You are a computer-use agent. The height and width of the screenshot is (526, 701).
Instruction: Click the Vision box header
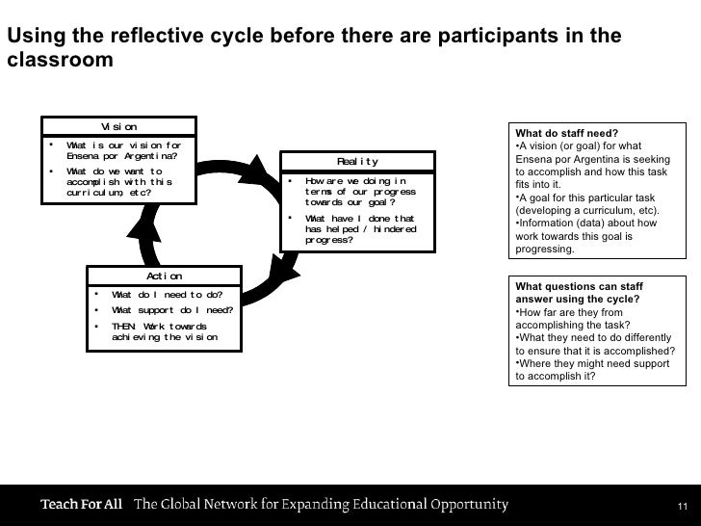coord(118,127)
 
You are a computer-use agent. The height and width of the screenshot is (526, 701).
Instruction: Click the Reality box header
coord(356,161)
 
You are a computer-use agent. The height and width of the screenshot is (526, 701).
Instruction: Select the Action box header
coord(164,276)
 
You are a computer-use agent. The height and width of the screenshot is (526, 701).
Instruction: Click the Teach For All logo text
coord(81,505)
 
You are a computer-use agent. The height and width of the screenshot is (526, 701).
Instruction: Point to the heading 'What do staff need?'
coord(566,133)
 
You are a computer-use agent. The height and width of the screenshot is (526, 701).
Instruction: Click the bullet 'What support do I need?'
coord(171,309)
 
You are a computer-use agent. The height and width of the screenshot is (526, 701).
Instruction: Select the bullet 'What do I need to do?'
coord(167,294)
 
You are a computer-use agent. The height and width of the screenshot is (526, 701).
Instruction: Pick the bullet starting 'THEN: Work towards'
coord(164,331)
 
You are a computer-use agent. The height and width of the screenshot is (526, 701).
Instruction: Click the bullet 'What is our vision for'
coord(122,151)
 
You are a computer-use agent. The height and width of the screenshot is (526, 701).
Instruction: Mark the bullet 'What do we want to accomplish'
coord(118,182)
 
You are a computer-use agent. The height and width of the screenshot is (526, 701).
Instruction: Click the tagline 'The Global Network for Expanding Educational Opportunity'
coord(321,505)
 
